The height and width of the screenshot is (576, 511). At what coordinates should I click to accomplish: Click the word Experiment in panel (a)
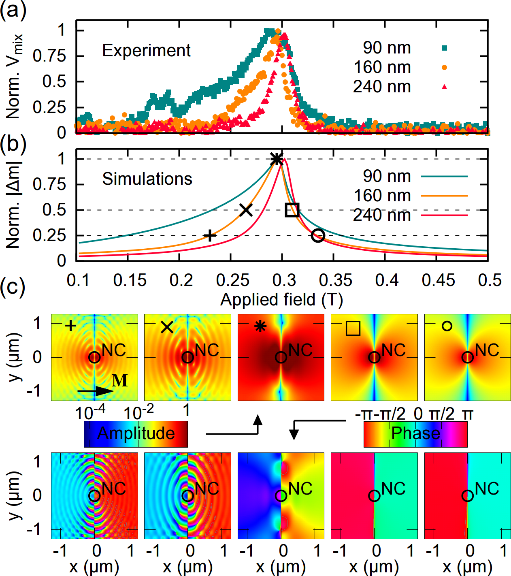(146, 51)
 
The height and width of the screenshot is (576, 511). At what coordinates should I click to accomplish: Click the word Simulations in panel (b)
(147, 179)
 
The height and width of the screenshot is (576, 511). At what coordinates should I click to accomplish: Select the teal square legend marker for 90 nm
(445, 48)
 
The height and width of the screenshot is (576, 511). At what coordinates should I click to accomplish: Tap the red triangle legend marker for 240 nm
(445, 87)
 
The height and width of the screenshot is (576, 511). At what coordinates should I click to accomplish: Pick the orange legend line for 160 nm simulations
(444, 196)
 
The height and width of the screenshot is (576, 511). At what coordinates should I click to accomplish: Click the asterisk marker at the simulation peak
(276, 159)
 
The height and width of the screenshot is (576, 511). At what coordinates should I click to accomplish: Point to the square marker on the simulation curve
(292, 210)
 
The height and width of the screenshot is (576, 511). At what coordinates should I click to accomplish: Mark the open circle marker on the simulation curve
(318, 235)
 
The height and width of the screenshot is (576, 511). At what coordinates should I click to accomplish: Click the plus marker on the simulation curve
(209, 235)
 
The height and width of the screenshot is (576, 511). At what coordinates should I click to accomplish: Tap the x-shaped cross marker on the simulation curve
(246, 210)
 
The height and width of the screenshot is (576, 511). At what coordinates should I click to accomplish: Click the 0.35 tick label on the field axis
(336, 280)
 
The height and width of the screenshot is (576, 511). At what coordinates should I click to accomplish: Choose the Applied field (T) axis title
(281, 300)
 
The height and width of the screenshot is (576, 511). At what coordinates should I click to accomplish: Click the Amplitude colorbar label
(136, 433)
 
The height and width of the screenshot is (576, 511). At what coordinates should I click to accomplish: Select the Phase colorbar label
(415, 433)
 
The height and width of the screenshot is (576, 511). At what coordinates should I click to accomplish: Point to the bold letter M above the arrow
(119, 381)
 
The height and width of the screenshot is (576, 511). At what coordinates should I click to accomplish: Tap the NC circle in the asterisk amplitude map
(281, 357)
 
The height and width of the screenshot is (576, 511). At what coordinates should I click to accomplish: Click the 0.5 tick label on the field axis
(490, 280)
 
